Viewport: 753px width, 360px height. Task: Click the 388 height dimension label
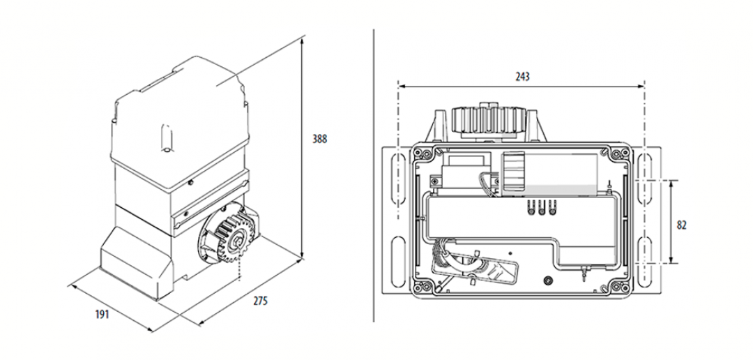click(319, 139)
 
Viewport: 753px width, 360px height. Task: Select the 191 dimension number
click(102, 315)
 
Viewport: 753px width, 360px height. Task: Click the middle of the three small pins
click(542, 207)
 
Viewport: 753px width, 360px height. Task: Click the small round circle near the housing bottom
click(547, 280)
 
